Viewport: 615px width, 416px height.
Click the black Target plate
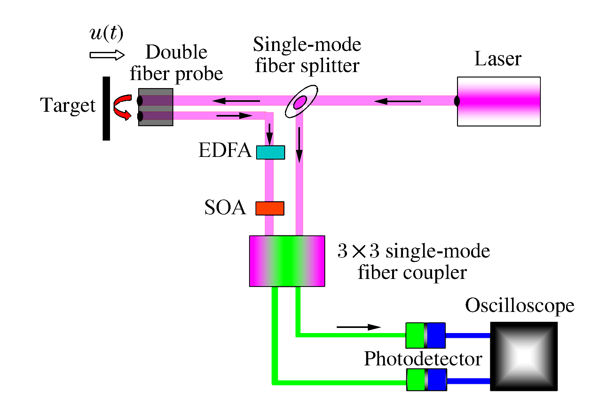(106, 108)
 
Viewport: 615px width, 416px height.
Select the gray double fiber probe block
(156, 107)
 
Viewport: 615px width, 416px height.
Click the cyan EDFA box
(271, 152)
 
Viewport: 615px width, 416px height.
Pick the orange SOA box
(270, 208)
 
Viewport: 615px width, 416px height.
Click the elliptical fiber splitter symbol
(301, 102)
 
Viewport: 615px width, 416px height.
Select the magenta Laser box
(499, 102)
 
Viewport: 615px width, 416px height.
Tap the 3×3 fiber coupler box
(287, 261)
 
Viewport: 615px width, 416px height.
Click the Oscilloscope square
(524, 356)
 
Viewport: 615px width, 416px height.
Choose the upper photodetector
(425, 335)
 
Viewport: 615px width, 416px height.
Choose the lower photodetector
(426, 380)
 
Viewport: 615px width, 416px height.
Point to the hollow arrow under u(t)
(107, 55)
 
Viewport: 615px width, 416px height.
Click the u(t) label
(106, 33)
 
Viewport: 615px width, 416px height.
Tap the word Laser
(498, 59)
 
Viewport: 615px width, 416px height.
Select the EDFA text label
(225, 150)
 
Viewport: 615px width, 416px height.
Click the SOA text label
(225, 208)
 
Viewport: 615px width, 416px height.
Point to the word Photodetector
(423, 359)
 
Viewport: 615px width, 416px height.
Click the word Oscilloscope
(519, 306)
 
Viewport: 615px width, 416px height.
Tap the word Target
(68, 105)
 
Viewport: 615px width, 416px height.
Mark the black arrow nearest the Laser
(397, 102)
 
